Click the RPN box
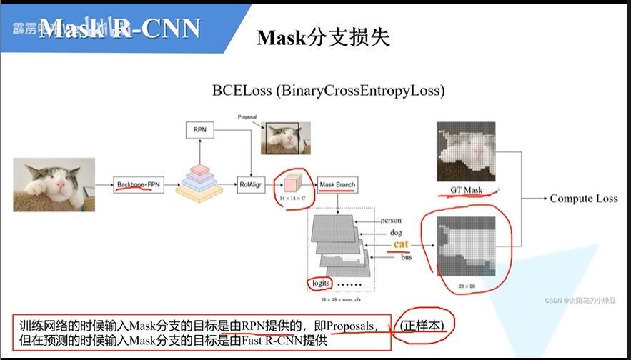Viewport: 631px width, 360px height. pyautogui.click(x=199, y=130)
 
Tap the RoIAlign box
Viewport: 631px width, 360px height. pyautogui.click(x=251, y=185)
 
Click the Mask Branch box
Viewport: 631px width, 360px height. pyautogui.click(x=337, y=185)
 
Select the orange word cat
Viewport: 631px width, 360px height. pyautogui.click(x=401, y=244)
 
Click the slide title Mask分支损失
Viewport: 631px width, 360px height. pyautogui.click(x=324, y=38)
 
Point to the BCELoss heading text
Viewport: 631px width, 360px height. pyautogui.click(x=328, y=91)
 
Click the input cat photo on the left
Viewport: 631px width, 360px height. pyautogui.click(x=54, y=184)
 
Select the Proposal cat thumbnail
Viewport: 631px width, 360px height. pyautogui.click(x=287, y=138)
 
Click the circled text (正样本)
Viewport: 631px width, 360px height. pyautogui.click(x=424, y=326)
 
